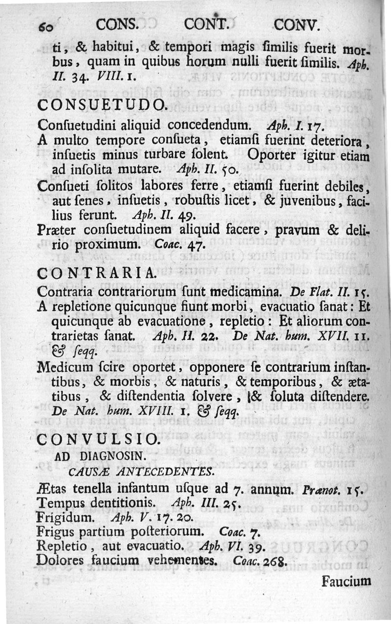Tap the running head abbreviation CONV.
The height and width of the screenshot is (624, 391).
point(297,24)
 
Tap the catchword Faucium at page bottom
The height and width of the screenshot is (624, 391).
point(347,581)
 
